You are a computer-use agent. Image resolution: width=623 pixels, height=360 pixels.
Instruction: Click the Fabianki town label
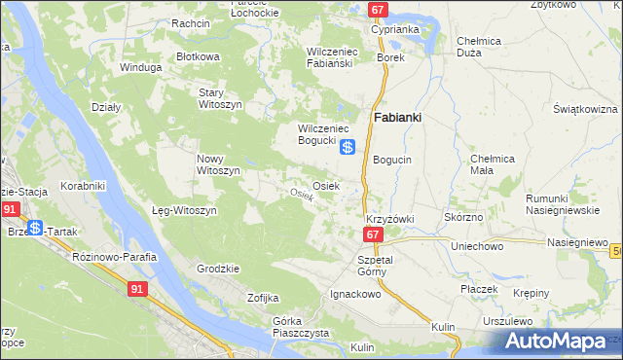(x=397, y=117)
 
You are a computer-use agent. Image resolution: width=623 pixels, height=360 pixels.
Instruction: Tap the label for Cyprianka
(x=394, y=29)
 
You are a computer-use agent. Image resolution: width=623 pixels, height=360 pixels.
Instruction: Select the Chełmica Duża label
(x=479, y=47)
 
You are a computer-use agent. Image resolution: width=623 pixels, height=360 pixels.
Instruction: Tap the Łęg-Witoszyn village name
(x=184, y=210)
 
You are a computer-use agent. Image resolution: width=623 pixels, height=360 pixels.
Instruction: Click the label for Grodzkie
(x=218, y=268)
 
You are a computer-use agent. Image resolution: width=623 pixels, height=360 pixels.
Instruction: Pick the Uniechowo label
(x=476, y=246)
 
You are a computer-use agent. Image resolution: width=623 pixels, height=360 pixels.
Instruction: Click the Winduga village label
(x=138, y=68)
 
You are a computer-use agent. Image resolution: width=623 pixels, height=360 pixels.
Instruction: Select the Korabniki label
(x=83, y=184)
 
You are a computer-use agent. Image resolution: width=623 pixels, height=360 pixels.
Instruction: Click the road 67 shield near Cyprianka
(x=380, y=10)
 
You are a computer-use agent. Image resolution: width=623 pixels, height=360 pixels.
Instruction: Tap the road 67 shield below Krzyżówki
(x=373, y=235)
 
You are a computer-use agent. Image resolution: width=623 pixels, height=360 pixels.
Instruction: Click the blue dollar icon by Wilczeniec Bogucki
(x=348, y=148)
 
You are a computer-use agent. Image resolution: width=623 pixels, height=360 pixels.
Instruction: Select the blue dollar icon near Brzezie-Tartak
(x=35, y=228)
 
